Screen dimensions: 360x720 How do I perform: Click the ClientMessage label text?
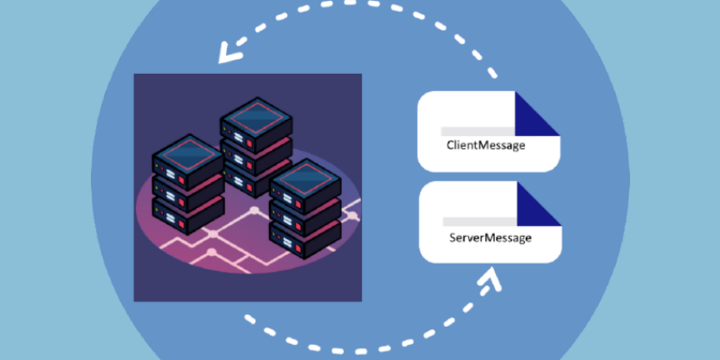coord(486,145)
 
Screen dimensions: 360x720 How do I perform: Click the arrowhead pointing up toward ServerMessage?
coord(490,281)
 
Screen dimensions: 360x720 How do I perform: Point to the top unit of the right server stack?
coord(306,184)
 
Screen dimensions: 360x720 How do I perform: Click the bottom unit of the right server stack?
coord(306,236)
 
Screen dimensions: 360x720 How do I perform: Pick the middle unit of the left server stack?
coord(188,192)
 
